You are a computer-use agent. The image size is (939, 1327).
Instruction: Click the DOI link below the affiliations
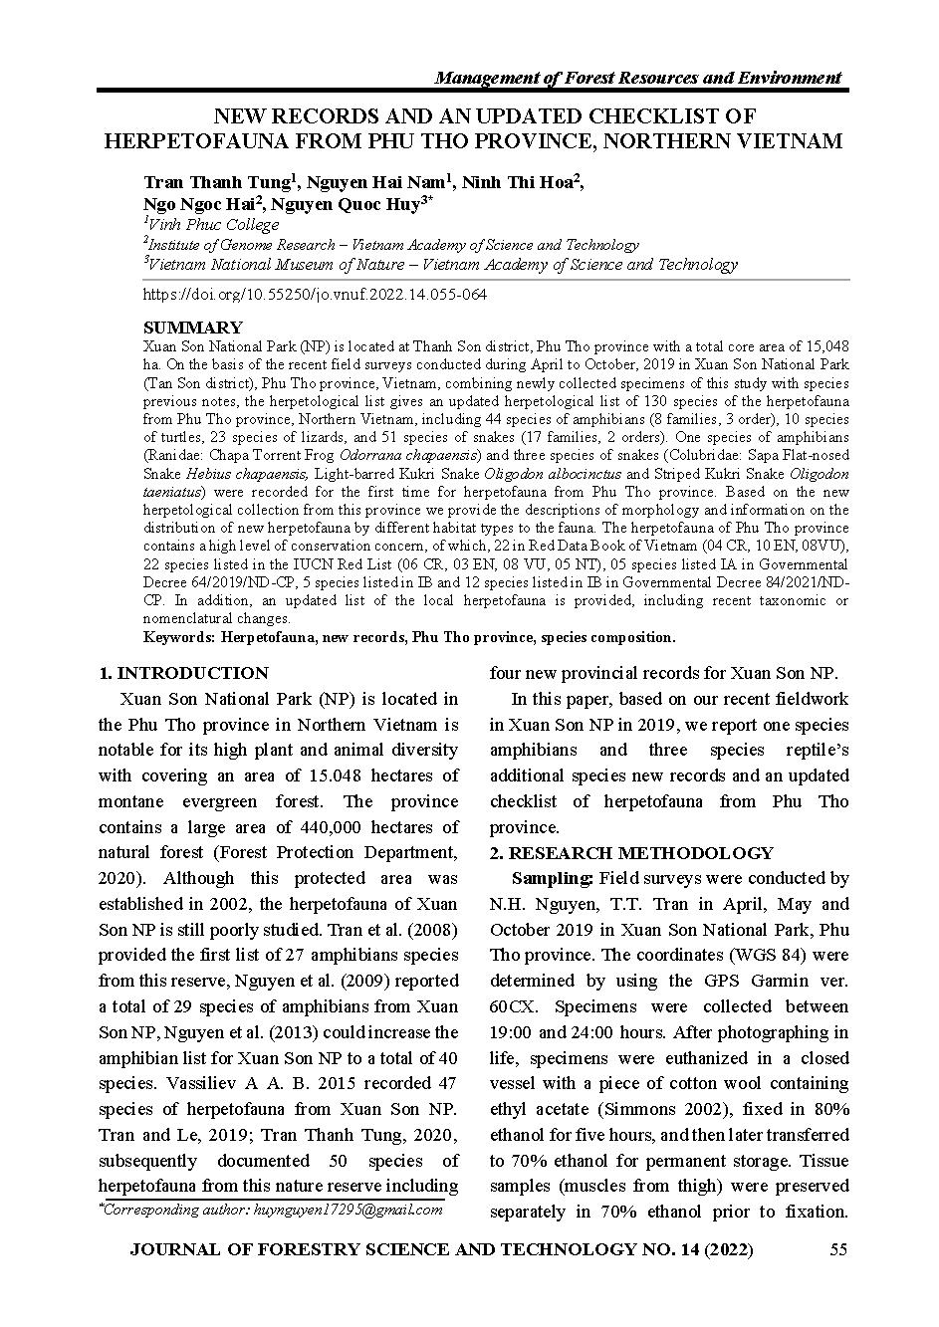click(315, 295)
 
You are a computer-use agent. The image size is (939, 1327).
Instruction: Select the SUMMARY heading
click(192, 328)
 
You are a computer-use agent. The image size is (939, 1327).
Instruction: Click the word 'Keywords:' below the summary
click(179, 637)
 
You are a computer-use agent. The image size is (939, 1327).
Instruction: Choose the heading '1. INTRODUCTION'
click(184, 673)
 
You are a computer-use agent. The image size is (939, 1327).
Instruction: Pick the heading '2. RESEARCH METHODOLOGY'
click(631, 853)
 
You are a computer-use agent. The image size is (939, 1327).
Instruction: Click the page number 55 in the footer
click(837, 1249)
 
